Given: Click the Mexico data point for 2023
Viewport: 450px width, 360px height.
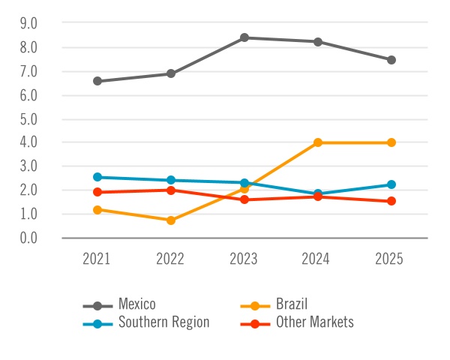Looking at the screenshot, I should [244, 37].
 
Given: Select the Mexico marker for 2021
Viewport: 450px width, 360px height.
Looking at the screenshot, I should [97, 81].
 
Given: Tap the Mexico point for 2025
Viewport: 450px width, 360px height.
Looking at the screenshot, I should [391, 60].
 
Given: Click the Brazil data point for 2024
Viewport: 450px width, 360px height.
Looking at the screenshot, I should [318, 142].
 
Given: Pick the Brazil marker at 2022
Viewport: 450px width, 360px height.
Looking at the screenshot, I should [171, 220].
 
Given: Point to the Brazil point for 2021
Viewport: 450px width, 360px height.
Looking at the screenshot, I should [97, 210].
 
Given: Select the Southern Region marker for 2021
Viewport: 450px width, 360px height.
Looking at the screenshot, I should [97, 177].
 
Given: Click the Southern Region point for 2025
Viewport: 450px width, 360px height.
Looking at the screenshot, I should [391, 184].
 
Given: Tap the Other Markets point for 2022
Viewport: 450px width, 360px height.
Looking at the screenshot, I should [171, 190].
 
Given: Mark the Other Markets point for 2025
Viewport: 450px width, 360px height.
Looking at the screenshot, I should [391, 201].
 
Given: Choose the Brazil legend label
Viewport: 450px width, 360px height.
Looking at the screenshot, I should [292, 304].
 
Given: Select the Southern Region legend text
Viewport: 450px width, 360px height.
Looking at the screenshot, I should [163, 322].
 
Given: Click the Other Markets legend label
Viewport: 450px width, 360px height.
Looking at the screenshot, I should [314, 322].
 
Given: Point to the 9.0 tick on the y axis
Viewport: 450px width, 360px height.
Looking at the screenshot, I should [28, 23].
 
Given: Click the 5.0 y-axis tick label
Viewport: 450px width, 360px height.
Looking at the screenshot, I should [28, 118].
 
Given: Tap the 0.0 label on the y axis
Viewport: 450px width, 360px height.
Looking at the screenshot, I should [28, 238].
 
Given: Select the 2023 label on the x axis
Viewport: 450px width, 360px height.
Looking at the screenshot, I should [244, 259].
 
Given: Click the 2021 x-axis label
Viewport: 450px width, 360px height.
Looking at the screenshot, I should [97, 259].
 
